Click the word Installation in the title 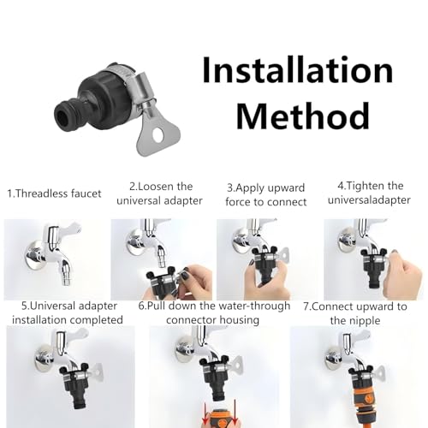[x=298, y=70]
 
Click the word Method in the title [x=303, y=116]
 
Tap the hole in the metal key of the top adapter [x=158, y=135]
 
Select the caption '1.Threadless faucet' [x=54, y=193]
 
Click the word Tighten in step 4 [x=366, y=186]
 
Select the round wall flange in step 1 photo [x=35, y=255]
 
